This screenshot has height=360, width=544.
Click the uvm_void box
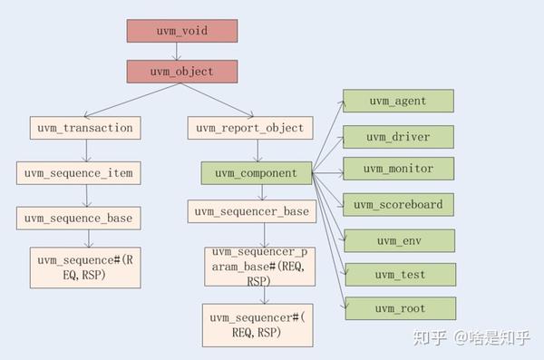[181, 31]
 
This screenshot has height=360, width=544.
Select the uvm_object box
[181, 72]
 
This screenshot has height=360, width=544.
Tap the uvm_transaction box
[86, 128]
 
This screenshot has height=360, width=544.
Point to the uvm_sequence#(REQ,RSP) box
[86, 267]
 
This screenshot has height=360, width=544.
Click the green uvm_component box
[257, 172]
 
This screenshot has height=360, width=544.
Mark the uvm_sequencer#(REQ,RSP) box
[257, 325]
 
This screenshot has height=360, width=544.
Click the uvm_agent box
[397, 102]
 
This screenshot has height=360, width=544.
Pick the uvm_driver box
[397, 137]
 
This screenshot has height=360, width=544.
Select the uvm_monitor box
[397, 169]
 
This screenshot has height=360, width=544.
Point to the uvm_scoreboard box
[397, 204]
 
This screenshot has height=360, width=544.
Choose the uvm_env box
[397, 240]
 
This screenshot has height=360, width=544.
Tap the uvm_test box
[397, 275]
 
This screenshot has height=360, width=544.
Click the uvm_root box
[397, 309]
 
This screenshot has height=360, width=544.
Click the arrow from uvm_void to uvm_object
[181, 52]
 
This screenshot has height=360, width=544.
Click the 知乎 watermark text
[432, 337]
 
